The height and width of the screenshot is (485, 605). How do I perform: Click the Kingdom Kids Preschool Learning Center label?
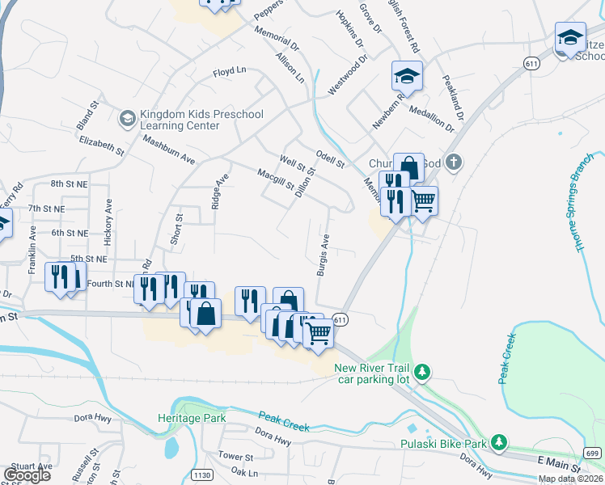click(x=191, y=120)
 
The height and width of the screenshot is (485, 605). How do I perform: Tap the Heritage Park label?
click(x=192, y=419)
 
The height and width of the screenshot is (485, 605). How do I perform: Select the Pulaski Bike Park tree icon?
click(x=500, y=442)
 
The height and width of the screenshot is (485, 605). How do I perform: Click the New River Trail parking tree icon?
click(x=421, y=372)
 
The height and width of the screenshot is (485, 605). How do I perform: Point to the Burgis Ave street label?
click(x=323, y=255)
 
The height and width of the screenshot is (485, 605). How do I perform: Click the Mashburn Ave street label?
click(x=169, y=150)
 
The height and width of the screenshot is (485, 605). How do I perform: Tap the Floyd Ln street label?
click(x=229, y=71)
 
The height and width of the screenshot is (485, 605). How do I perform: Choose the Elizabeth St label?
click(x=102, y=145)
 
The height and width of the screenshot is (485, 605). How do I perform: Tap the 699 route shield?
click(x=593, y=454)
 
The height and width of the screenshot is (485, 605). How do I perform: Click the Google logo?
click(x=27, y=475)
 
